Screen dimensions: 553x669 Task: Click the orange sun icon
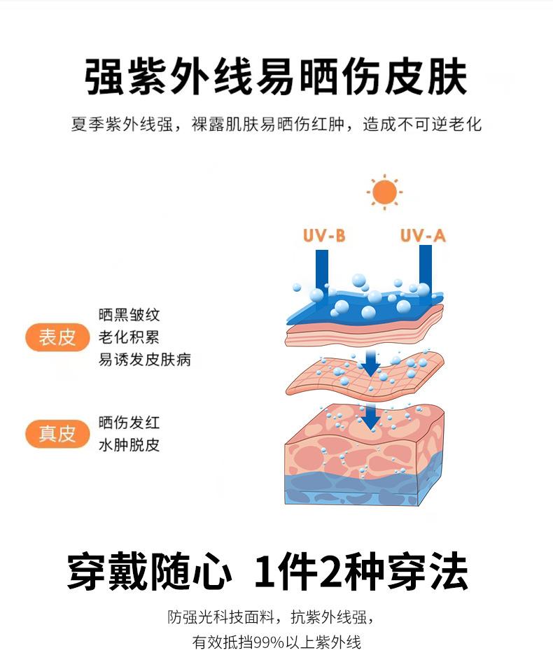384,192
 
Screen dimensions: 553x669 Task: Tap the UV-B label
324,235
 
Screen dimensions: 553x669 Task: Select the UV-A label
423,235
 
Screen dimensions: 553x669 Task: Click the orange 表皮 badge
57,337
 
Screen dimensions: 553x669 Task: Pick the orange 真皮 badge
57,434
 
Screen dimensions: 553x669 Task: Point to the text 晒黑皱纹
129,316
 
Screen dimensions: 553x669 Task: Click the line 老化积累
129,337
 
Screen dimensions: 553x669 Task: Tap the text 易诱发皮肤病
145,360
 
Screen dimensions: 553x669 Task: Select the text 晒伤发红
129,423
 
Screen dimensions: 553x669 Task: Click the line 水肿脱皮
129,445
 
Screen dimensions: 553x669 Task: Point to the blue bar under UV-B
322,269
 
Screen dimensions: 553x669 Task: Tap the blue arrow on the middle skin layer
370,362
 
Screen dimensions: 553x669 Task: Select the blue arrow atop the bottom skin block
370,415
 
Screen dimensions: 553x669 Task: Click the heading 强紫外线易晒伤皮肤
276,76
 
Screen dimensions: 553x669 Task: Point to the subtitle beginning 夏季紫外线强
276,125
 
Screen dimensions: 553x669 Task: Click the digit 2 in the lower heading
330,573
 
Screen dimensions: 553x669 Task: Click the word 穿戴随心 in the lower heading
148,573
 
